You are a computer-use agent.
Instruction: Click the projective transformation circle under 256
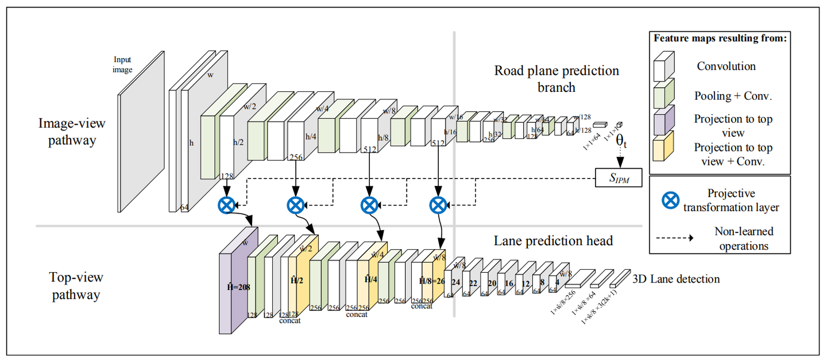click(x=295, y=204)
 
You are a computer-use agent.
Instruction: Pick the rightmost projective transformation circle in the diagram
click(x=438, y=204)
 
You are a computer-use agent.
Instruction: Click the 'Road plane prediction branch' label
click(x=556, y=79)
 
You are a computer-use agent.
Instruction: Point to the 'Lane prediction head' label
click(x=553, y=241)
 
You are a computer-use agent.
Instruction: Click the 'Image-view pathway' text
click(x=72, y=131)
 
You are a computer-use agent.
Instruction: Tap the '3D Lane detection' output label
click(x=676, y=279)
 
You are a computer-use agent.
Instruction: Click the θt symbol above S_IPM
click(x=621, y=140)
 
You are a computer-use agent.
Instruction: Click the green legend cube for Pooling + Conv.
click(x=664, y=94)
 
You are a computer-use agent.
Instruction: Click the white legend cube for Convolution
click(x=664, y=66)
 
